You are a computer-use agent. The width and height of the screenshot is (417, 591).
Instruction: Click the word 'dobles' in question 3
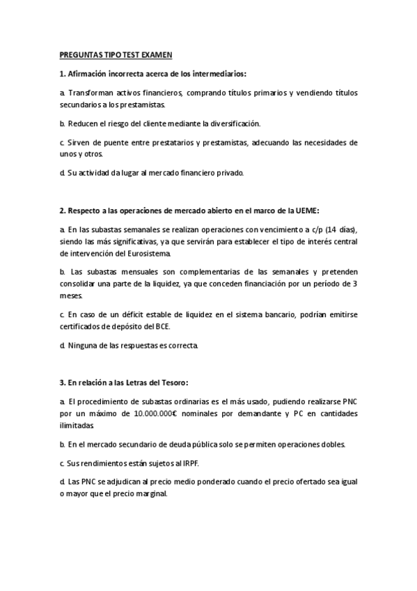(x=329, y=443)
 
